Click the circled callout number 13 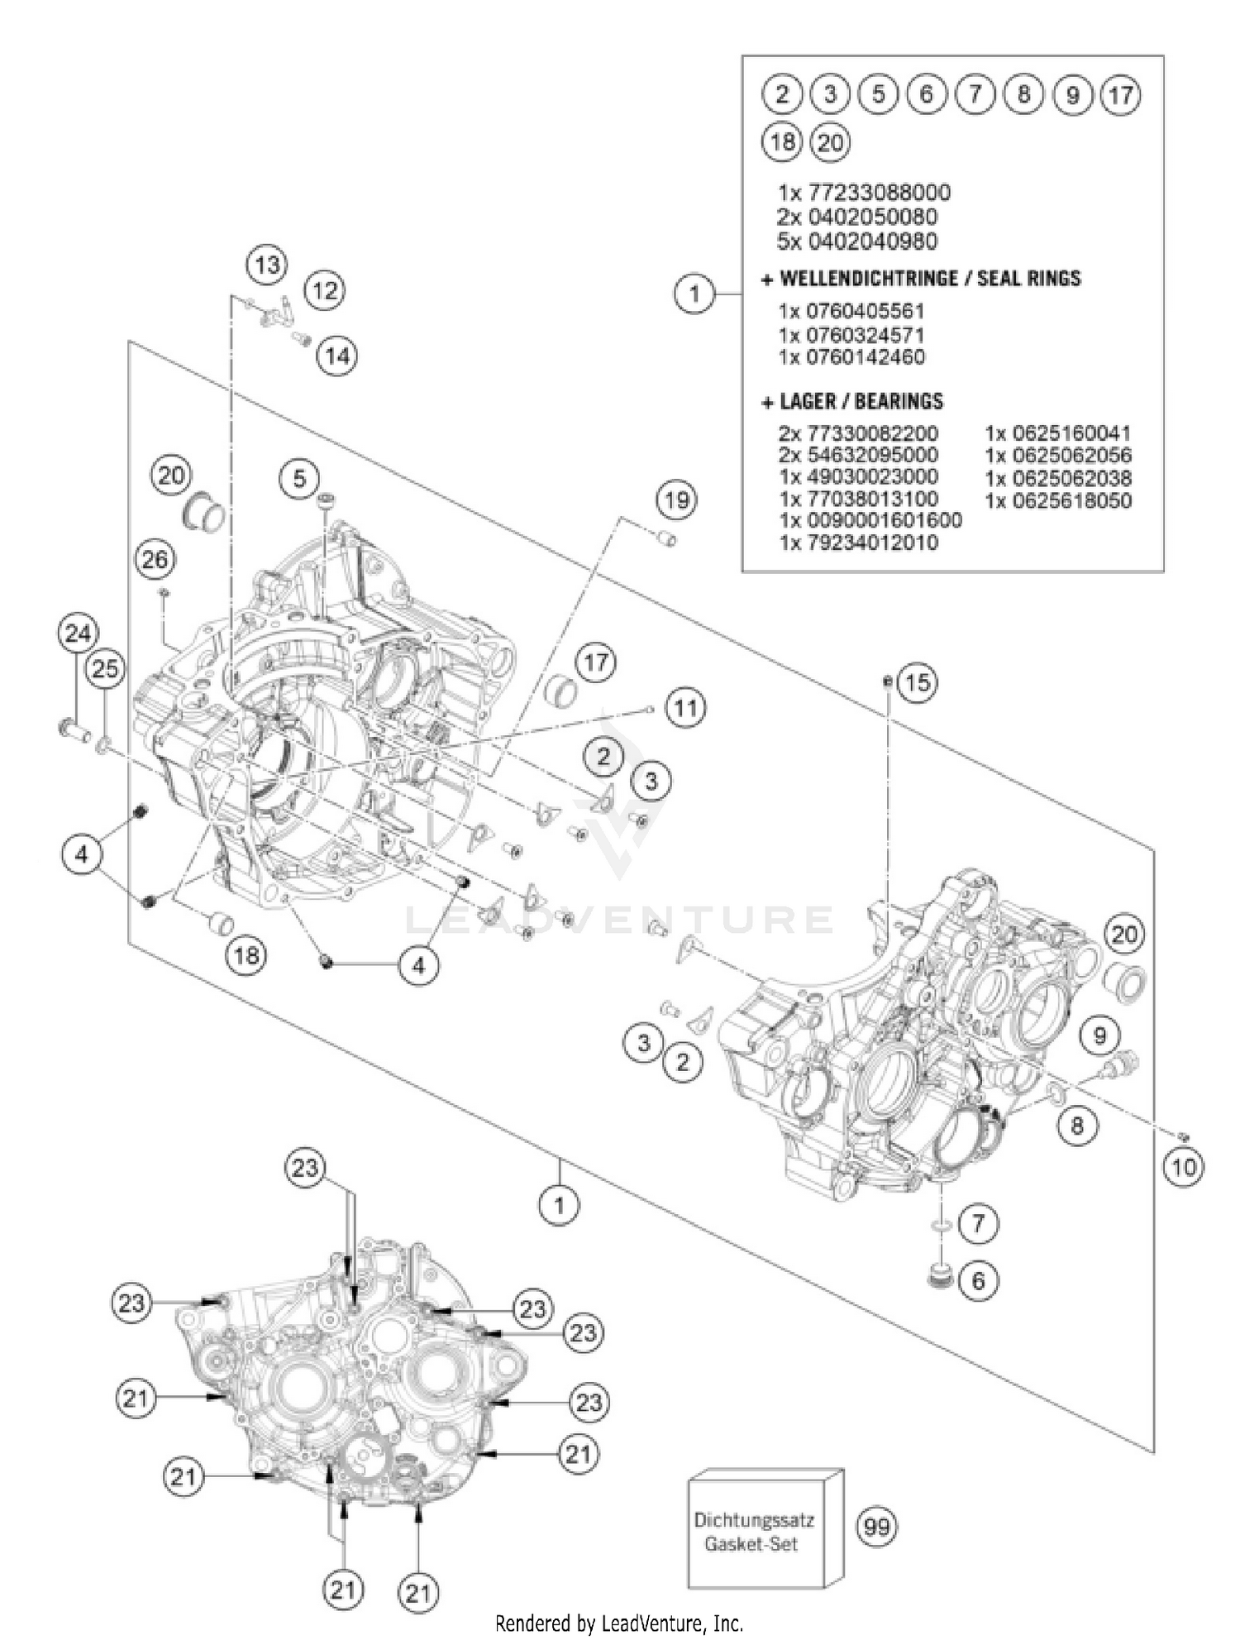(x=266, y=265)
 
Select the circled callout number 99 (x=876, y=1527)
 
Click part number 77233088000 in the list (x=863, y=193)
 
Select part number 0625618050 (x=1058, y=500)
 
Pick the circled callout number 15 (x=917, y=682)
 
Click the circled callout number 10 (x=1183, y=1167)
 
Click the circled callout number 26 (x=155, y=560)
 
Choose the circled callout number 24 (x=78, y=634)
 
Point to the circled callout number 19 (x=676, y=500)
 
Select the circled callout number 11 (x=684, y=709)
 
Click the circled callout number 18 (x=246, y=956)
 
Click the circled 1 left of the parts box (x=694, y=293)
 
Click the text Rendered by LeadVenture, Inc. (x=619, y=1623)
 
